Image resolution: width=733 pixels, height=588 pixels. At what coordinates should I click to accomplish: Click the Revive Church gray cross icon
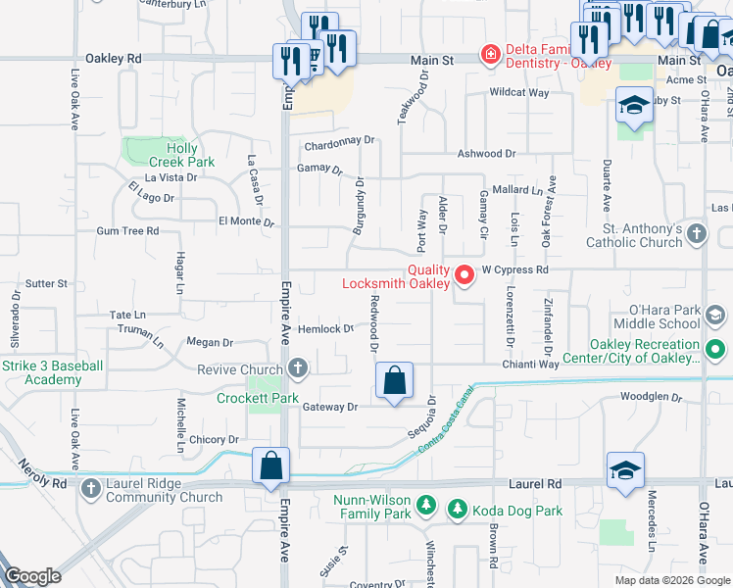298,369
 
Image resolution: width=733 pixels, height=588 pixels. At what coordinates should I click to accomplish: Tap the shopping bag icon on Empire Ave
270,466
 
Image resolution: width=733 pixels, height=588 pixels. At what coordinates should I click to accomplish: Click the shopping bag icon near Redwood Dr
394,380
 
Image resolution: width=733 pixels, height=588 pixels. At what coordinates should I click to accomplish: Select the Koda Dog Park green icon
456,509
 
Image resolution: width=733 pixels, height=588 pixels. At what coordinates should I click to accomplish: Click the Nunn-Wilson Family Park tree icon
426,505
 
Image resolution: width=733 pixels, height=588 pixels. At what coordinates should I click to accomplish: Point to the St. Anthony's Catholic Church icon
696,233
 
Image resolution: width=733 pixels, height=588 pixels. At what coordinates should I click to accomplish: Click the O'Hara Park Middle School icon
715,315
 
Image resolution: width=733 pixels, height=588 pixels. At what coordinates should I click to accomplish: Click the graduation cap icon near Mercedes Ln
625,470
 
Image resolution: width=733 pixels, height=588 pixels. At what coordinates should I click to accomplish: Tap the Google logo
32,576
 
